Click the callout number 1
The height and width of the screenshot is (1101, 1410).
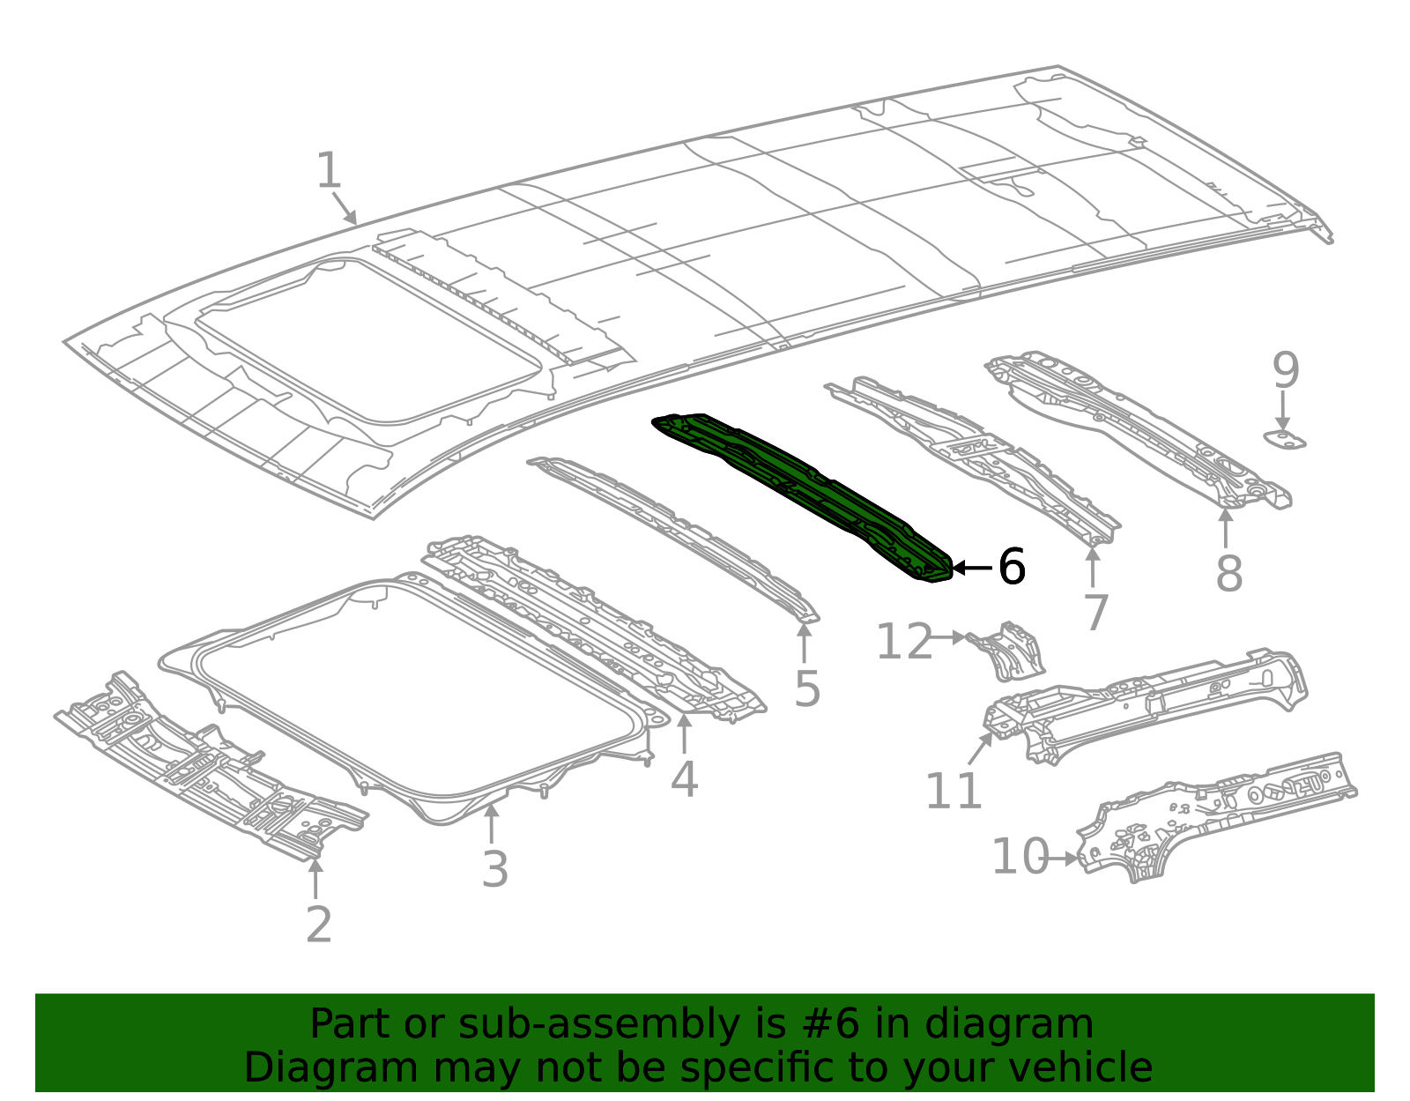329,171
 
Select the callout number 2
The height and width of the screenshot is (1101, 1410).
318,925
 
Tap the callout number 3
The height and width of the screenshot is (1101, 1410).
494,869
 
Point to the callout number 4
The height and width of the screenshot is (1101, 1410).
684,779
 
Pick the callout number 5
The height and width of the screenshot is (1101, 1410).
806,688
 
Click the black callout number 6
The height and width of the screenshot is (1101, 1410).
1012,567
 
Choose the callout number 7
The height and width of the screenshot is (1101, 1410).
1095,613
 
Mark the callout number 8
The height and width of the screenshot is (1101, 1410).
1228,574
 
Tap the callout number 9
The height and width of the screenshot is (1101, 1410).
1285,371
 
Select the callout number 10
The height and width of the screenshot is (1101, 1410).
1020,857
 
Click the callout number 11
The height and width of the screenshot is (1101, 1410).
953,791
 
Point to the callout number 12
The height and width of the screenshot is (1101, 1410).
903,642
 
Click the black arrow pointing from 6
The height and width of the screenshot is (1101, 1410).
972,568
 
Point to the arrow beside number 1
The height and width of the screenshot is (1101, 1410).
345,209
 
